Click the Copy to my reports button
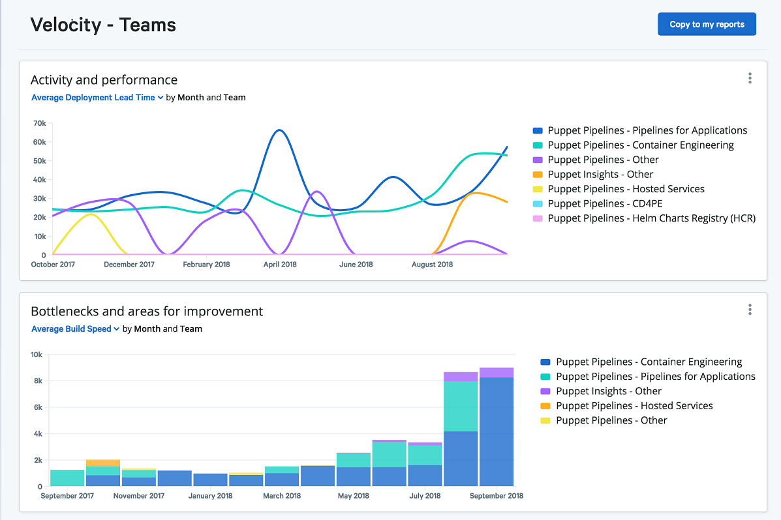(707, 24)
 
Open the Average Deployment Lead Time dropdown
(97, 98)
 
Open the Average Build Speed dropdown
(76, 329)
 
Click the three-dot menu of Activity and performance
(750, 78)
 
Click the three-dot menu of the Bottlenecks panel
(750, 310)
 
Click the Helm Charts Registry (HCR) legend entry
(651, 218)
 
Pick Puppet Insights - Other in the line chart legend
(600, 175)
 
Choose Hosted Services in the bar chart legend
(634, 406)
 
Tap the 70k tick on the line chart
(39, 123)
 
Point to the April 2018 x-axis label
(280, 265)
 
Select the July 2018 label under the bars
(425, 496)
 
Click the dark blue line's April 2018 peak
(279, 130)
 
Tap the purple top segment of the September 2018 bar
(496, 373)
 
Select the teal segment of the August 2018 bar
(461, 406)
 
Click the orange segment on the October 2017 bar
(102, 463)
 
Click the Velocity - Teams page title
(103, 25)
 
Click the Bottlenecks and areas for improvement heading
(147, 311)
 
